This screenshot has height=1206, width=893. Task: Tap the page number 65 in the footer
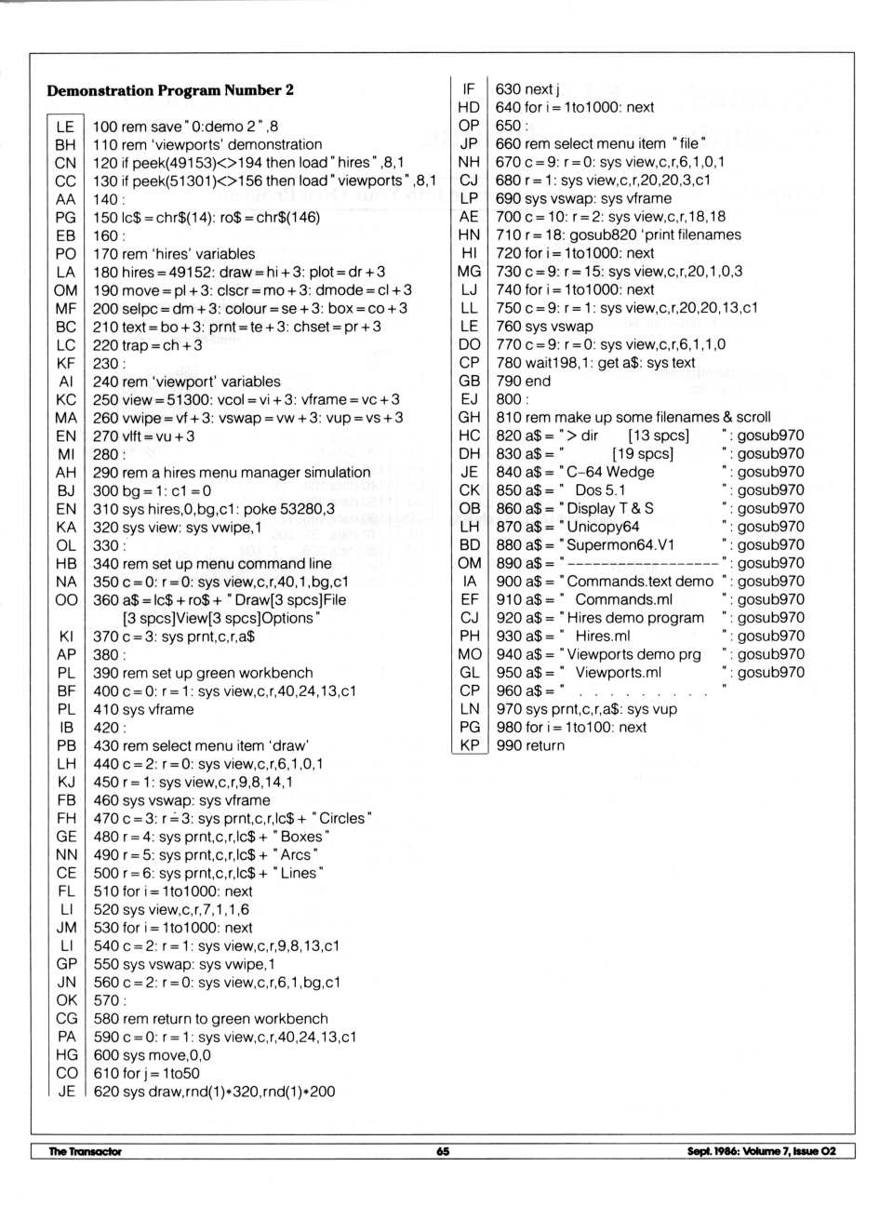[x=443, y=1151]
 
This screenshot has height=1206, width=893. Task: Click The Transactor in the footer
[x=85, y=1151]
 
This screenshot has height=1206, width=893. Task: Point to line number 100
[x=105, y=127]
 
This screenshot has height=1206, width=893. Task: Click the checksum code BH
[x=65, y=144]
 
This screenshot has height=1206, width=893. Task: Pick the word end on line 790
[x=537, y=381]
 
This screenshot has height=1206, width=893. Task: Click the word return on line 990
[x=543, y=745]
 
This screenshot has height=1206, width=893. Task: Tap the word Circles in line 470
[x=342, y=818]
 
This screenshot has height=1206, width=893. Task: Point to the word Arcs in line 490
[x=296, y=854]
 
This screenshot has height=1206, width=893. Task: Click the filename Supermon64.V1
[x=620, y=544]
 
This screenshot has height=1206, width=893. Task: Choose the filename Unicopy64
[x=603, y=527]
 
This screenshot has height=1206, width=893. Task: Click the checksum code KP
[x=470, y=745]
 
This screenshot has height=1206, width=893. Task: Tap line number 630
[x=508, y=89]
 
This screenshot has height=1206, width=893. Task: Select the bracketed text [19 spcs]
[x=643, y=453]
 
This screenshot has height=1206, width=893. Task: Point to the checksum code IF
[x=469, y=89]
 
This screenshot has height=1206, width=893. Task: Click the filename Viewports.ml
[x=618, y=672]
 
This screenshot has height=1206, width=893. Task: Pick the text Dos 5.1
[x=600, y=489]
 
